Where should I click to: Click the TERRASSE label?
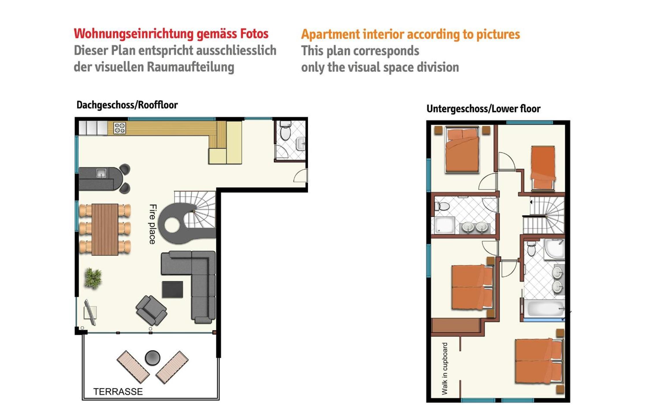[118, 392]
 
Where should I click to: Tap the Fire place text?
[153, 224]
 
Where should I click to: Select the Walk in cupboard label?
[445, 369]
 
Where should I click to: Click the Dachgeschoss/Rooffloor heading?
[127, 105]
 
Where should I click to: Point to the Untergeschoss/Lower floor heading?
[483, 109]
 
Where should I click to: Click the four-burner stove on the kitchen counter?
[120, 128]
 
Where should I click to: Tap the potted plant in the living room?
[93, 278]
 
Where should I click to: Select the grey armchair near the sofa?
[151, 310]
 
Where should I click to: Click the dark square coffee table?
[173, 289]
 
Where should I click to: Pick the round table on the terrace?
[153, 358]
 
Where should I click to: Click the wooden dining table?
[105, 230]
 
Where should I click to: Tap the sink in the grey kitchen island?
[101, 173]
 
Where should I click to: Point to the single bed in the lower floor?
[543, 168]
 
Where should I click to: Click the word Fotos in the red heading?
[254, 34]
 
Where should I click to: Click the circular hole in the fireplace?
[173, 225]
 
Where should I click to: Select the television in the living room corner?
[90, 312]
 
